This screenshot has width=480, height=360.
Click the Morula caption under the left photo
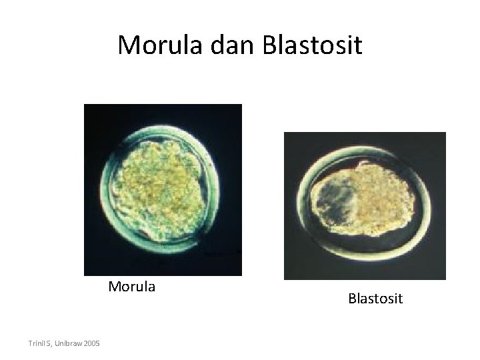click(x=132, y=287)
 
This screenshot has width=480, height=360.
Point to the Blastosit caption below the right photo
click(x=375, y=298)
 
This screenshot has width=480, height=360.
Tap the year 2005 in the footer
click(x=91, y=343)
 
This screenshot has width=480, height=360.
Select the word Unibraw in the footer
click(x=69, y=343)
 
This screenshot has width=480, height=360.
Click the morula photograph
click(x=163, y=189)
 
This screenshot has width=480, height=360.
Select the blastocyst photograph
click(x=365, y=205)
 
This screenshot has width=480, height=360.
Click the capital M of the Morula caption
click(x=114, y=287)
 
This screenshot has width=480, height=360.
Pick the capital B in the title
click(x=271, y=46)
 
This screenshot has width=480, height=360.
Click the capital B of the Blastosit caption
click(x=351, y=298)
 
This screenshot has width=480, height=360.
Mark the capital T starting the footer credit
click(x=31, y=343)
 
